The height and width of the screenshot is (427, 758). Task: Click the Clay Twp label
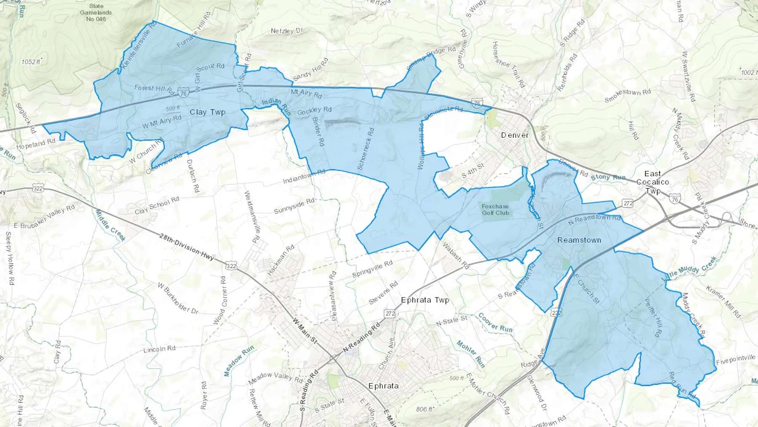click(208, 112)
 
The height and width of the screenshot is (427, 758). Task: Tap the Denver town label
click(515, 135)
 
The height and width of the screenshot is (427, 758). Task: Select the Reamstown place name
click(579, 240)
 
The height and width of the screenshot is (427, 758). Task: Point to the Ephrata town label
click(383, 386)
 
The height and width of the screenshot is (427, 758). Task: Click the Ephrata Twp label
click(425, 300)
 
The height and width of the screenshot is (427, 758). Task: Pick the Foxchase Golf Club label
click(495, 209)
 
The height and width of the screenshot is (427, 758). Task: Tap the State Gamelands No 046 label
click(96, 12)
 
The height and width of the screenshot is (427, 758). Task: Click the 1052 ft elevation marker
click(31, 62)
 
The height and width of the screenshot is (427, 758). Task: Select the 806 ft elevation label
click(424, 409)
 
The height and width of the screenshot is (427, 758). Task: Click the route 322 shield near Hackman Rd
click(231, 266)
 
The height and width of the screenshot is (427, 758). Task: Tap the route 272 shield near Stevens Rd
click(390, 313)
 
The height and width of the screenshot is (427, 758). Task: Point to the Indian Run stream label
click(276, 107)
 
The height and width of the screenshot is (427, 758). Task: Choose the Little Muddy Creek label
click(689, 269)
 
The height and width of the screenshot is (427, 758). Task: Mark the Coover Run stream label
click(495, 322)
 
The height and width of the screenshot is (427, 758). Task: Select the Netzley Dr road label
click(287, 31)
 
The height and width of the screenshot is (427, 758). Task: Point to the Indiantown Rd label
click(304, 177)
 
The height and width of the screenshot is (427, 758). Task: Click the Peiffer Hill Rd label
click(652, 317)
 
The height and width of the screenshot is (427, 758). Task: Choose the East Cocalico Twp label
click(653, 182)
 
